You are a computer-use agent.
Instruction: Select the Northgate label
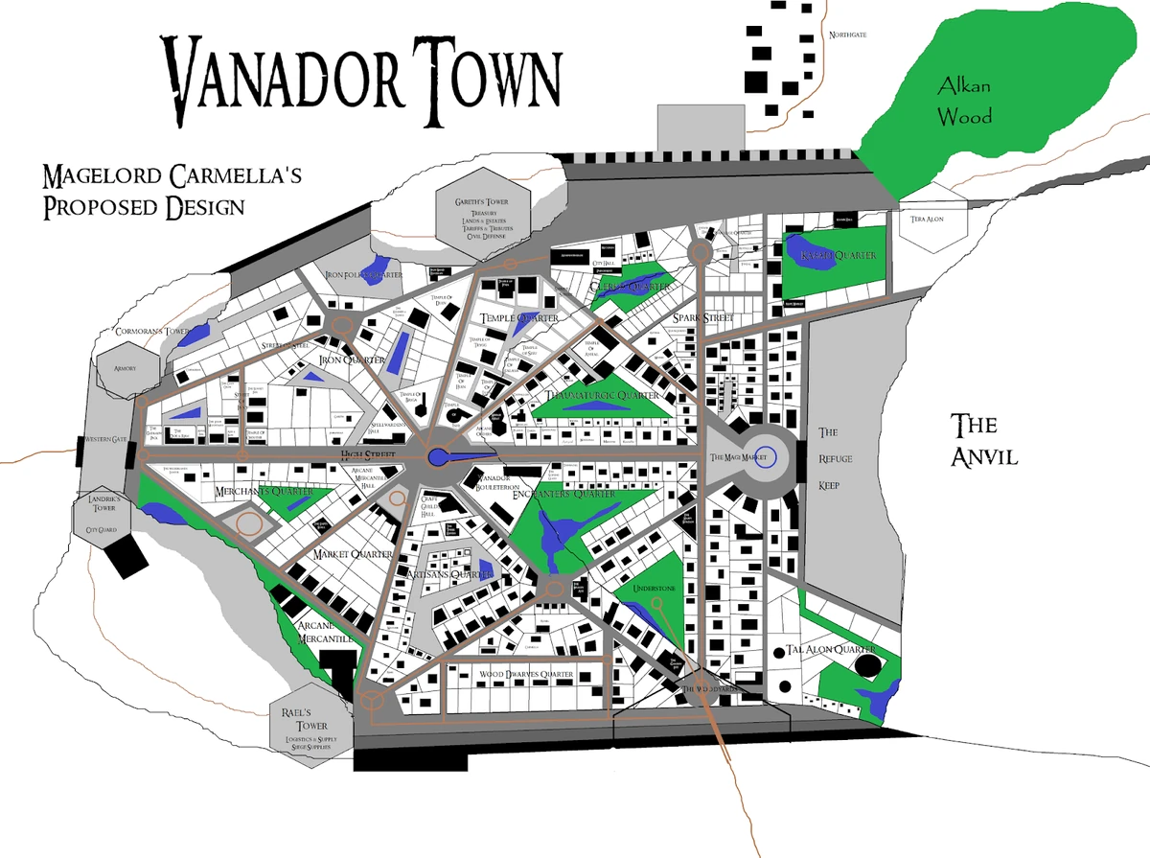847,35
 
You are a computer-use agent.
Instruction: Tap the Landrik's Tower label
101,505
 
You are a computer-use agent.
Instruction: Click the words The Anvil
983,440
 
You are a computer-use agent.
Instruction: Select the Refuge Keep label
829,458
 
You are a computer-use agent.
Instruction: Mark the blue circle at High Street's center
439,458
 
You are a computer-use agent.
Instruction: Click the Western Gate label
106,440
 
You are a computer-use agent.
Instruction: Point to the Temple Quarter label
520,317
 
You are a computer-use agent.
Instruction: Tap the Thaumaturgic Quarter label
602,395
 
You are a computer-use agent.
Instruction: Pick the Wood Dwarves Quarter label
526,675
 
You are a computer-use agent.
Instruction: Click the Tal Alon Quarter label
831,649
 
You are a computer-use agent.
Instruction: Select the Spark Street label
702,317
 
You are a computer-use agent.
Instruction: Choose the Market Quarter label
354,554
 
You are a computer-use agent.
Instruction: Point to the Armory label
125,368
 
